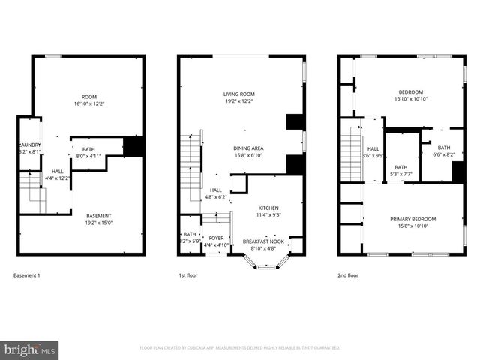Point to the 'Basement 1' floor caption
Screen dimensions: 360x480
tap(27, 275)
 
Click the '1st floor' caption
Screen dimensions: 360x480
tap(188, 275)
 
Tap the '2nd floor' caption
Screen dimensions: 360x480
tap(348, 275)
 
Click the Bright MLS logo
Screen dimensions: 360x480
tap(30, 349)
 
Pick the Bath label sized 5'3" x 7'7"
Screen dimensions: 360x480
tap(401, 171)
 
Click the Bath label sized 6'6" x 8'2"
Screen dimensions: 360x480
tap(444, 151)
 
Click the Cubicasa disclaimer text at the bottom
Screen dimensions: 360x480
tap(240, 348)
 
